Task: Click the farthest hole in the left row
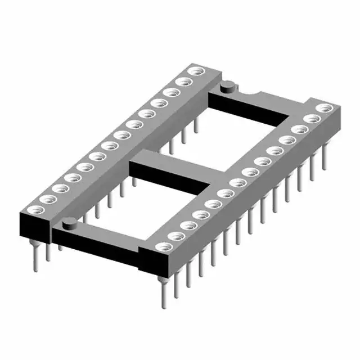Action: [196, 71]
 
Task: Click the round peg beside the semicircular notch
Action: [227, 87]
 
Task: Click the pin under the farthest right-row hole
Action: [323, 157]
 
